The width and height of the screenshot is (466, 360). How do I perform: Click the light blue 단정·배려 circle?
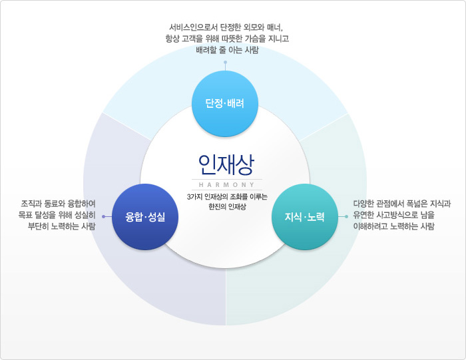tap(225, 103)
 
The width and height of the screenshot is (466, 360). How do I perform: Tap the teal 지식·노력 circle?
tap(305, 217)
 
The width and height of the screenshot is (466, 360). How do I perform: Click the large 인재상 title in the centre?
tap(226, 163)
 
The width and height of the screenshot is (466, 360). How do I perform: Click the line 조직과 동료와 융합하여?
tap(58, 203)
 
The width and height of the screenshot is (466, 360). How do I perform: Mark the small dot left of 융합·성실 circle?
tap(103, 216)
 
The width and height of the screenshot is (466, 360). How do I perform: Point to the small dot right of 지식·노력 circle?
tap(346, 216)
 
